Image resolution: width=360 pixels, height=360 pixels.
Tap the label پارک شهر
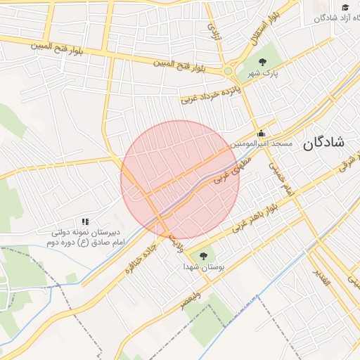[x=264, y=73]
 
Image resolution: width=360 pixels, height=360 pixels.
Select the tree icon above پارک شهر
[x=263, y=62]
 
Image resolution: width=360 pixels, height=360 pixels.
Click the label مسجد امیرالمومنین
[x=263, y=143]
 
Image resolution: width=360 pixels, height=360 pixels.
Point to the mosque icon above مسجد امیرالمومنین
[x=262, y=132]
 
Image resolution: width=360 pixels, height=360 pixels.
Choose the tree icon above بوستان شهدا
[x=203, y=256]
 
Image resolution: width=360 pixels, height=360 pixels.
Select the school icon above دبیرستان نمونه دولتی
[x=85, y=221]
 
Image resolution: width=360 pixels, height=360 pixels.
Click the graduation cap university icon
[x=345, y=7]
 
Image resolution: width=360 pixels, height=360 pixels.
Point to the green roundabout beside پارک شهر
[x=228, y=71]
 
